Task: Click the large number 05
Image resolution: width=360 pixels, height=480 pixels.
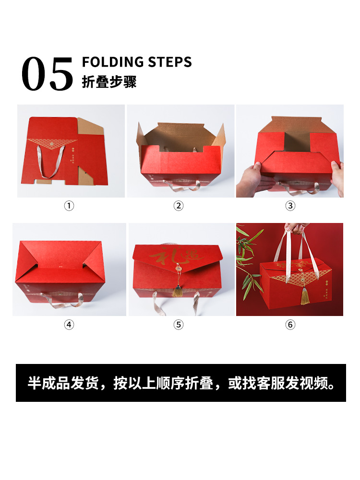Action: tap(47, 74)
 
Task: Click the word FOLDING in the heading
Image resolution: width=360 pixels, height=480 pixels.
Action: tap(113, 62)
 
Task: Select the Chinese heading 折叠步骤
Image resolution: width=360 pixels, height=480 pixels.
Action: tap(109, 82)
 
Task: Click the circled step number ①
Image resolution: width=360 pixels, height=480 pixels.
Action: tap(70, 206)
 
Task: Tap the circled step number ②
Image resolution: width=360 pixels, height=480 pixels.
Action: tap(179, 206)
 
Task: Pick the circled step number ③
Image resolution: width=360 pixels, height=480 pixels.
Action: tap(290, 206)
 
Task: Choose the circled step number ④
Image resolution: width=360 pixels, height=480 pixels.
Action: tap(70, 325)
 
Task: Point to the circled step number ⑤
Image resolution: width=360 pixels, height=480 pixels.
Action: tap(179, 325)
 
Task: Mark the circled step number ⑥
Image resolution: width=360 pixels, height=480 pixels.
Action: tap(290, 325)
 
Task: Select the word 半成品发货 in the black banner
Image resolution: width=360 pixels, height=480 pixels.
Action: tap(63, 384)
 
